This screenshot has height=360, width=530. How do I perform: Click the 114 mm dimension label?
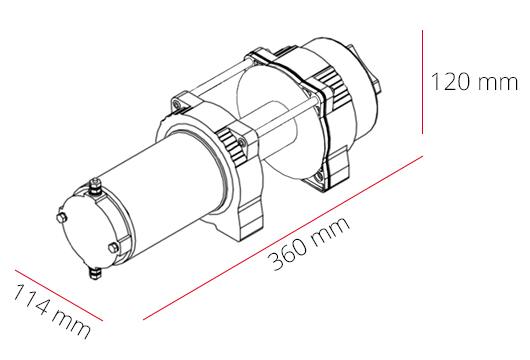pyautogui.click(x=51, y=310)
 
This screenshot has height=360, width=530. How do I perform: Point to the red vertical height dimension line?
pyautogui.click(x=424, y=81)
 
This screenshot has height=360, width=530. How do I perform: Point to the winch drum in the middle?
pyautogui.click(x=280, y=120)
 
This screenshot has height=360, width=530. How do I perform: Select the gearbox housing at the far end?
pyautogui.click(x=345, y=70)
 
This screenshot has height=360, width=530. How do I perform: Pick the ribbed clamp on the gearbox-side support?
pyautogui.click(x=325, y=99)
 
